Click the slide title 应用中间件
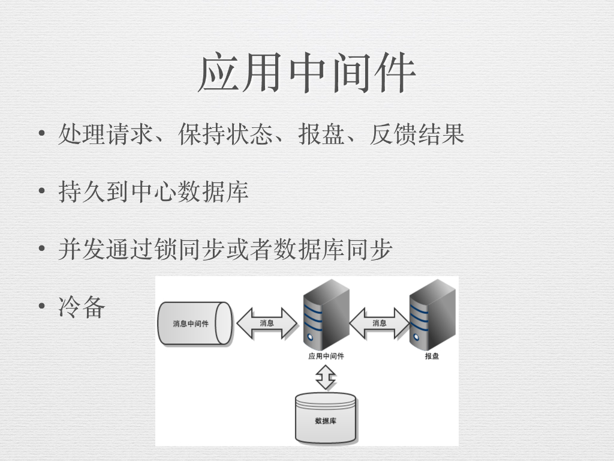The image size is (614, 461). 306,73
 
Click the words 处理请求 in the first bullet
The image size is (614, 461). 106,134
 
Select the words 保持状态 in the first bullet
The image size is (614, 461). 225,134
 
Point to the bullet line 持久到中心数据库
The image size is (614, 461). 153,191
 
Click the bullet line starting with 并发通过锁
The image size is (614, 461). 225,249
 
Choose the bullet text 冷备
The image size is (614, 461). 82,307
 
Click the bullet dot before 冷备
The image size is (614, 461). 41,307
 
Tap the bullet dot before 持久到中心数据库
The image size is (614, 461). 41,191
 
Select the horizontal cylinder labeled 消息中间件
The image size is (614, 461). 193,323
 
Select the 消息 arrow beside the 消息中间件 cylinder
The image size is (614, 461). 267,323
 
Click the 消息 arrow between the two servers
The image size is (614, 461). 379,323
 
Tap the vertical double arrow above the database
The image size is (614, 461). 326,378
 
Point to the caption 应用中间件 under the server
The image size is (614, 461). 326,356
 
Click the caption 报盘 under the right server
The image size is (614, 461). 432,356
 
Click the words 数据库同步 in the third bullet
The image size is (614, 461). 333,249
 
